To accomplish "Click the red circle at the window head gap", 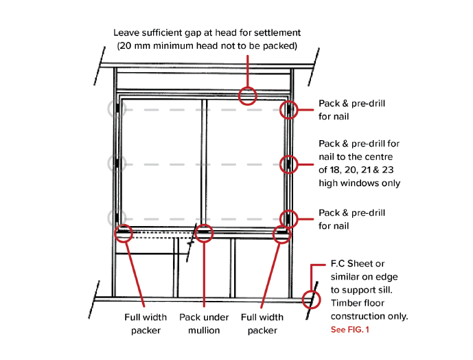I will (247, 95).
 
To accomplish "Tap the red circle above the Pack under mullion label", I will (203, 234).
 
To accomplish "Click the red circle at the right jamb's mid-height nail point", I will (290, 164).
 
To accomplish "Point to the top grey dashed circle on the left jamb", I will (116, 109).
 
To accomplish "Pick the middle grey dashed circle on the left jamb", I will (116, 164).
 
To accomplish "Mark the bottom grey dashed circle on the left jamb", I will (116, 218).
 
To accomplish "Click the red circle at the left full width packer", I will (124, 233).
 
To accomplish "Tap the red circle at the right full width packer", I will (281, 234).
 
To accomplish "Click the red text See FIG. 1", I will (349, 330).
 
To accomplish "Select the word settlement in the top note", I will (276, 32).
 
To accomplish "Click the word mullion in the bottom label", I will (199, 330).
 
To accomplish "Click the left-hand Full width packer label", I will (145, 324).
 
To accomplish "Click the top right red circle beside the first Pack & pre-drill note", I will (290, 109).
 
